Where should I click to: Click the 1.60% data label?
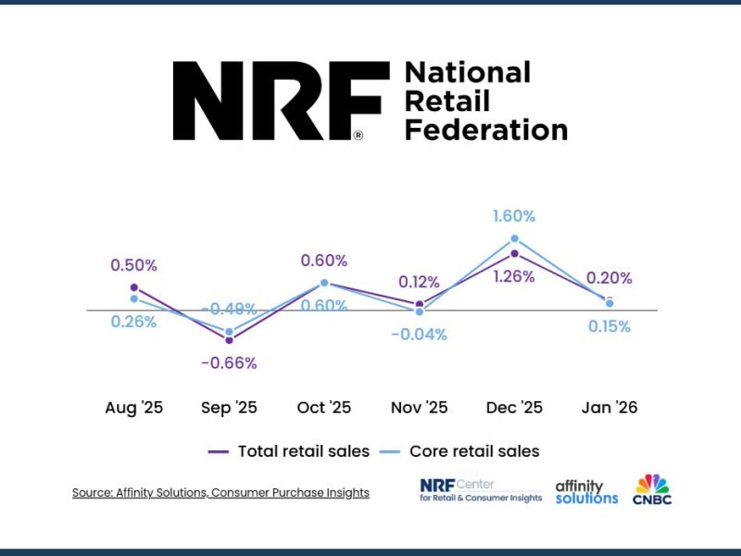[514, 216]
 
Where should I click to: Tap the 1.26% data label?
[514, 276]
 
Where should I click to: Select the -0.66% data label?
[229, 362]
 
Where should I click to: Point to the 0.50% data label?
[134, 265]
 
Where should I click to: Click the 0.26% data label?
[134, 322]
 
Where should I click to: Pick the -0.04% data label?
[419, 334]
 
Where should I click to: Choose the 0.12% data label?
[419, 282]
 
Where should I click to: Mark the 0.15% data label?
[609, 326]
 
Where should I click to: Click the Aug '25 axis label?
[134, 407]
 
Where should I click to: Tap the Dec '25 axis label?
[514, 407]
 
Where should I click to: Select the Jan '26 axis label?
[609, 407]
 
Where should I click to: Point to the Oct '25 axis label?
[324, 407]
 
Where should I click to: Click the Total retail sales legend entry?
[289, 451]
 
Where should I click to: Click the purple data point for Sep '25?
[229, 340]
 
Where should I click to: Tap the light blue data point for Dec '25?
[514, 239]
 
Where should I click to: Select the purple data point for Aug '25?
[134, 287]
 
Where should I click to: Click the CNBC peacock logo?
[652, 488]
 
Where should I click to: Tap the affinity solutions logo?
[586, 491]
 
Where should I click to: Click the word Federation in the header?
[486, 130]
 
